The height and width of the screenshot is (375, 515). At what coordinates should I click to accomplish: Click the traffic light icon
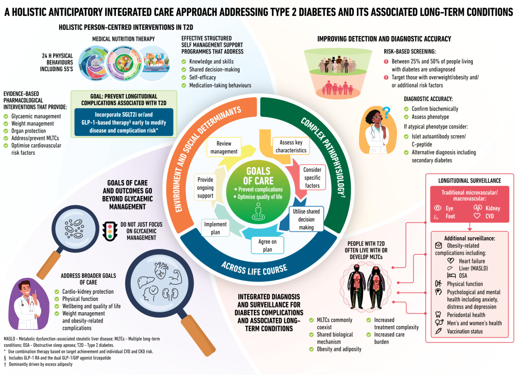tap(110, 231)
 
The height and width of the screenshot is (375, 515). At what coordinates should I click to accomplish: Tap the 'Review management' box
tap(224, 147)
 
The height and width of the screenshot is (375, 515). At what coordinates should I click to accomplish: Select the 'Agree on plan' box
tap(267, 245)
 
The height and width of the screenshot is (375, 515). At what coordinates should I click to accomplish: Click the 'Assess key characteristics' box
tap(290, 146)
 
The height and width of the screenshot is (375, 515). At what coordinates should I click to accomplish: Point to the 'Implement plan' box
tap(215, 228)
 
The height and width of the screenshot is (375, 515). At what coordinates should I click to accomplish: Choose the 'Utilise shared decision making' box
tap(306, 219)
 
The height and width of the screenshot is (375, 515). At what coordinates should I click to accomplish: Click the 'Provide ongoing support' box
tap(205, 188)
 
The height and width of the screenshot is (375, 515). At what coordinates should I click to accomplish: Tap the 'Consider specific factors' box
tap(313, 177)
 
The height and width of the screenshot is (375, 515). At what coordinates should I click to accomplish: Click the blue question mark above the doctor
tap(387, 113)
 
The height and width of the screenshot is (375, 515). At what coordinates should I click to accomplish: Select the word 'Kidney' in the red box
tap(493, 208)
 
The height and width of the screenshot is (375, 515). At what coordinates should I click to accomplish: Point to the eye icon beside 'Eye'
tap(437, 208)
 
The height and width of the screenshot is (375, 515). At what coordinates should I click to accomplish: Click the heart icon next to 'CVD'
tap(477, 216)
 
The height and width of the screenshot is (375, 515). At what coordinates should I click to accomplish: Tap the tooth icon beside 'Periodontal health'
tap(438, 315)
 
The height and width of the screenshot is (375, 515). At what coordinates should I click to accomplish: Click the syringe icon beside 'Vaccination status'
tap(438, 331)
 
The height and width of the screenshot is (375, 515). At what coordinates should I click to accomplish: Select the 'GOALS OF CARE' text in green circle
tap(258, 176)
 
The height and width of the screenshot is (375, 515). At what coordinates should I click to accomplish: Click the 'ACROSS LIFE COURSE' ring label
tap(254, 269)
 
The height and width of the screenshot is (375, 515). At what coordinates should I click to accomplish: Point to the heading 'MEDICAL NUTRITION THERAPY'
tap(124, 39)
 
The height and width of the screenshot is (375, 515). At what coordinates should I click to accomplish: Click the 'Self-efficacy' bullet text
tap(202, 78)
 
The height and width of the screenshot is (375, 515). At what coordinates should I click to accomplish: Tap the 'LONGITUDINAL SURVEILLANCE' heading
tap(470, 181)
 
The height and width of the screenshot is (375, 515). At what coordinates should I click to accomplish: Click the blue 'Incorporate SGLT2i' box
tap(124, 122)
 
